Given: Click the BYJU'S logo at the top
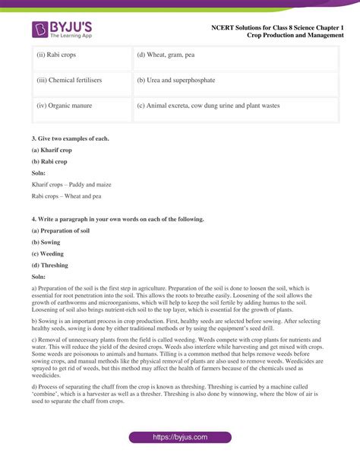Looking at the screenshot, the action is [x=62, y=30].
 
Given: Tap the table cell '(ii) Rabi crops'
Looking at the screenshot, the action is [x=56, y=55].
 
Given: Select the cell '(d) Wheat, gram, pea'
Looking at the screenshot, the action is [x=166, y=55].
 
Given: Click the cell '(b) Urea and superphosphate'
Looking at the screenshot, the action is [x=176, y=81].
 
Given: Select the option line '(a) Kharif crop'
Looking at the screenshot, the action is [x=52, y=150].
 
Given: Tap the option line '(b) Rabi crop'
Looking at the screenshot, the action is [x=50, y=161].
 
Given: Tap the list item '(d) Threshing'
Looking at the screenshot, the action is [x=50, y=265].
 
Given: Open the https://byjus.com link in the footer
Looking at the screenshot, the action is [x=181, y=438].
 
